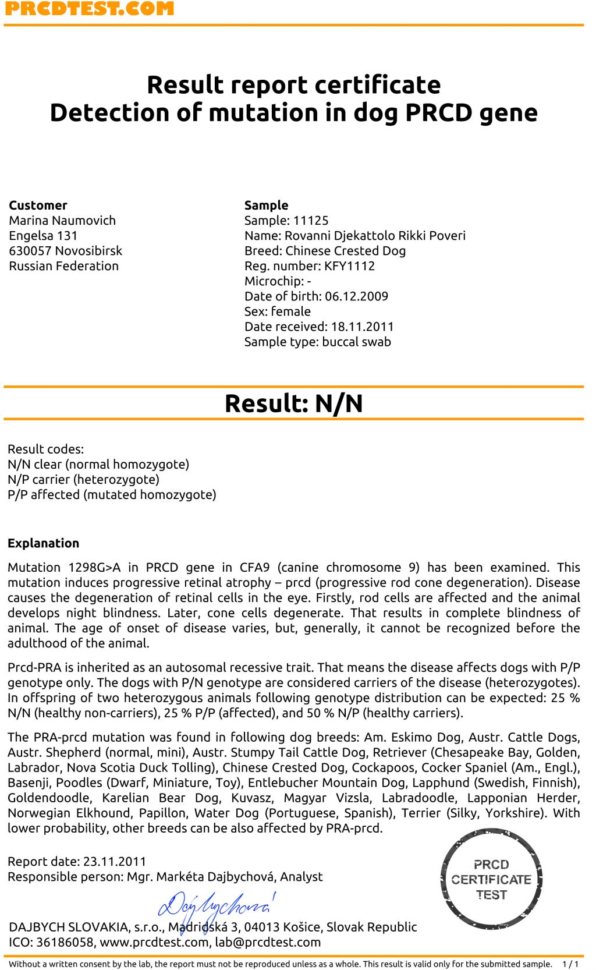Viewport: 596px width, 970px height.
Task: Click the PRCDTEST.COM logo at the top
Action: (x=89, y=8)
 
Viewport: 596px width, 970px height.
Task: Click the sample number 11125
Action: (x=311, y=221)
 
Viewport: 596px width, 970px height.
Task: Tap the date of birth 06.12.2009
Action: (x=356, y=296)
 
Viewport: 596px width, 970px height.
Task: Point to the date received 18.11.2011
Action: (x=362, y=327)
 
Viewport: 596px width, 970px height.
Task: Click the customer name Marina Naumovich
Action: (x=62, y=221)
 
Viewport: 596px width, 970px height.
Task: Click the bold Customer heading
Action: (x=38, y=206)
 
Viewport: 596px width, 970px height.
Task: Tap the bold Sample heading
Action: (x=266, y=206)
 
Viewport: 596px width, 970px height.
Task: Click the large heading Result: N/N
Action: (x=293, y=403)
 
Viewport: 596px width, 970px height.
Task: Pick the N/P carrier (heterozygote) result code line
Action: (x=83, y=480)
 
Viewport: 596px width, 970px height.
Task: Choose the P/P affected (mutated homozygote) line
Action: (x=112, y=495)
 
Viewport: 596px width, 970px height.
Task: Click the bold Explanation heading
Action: (x=43, y=543)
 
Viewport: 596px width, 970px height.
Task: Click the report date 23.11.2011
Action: (x=115, y=862)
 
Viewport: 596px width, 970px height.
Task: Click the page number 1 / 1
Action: (x=570, y=964)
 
